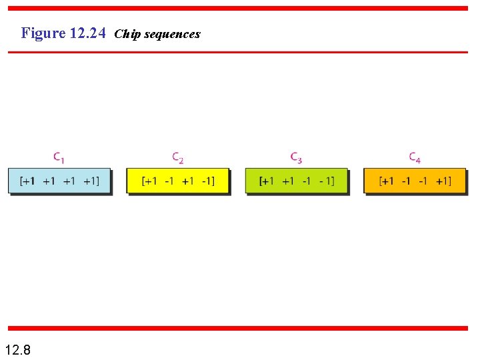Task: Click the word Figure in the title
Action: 43,33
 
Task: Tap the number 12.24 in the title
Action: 87,33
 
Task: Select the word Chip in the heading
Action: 127,34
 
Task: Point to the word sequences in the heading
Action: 171,34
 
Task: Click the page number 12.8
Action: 17,349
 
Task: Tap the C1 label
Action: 59,158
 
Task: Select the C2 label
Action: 178,158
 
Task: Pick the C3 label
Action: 297,158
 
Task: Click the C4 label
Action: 415,158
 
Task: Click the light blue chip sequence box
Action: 59,181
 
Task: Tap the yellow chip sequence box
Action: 178,181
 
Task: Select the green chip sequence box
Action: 297,181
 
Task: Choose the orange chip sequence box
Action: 415,181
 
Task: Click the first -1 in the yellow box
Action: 169,181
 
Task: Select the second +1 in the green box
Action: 287,181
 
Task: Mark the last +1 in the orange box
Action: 443,181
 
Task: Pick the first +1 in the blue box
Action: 29,181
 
